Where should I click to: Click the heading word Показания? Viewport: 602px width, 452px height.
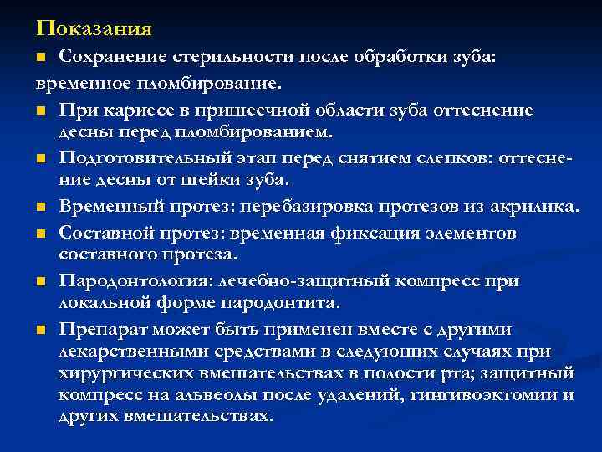[94, 29]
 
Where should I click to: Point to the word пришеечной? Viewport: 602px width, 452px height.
[241, 110]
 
